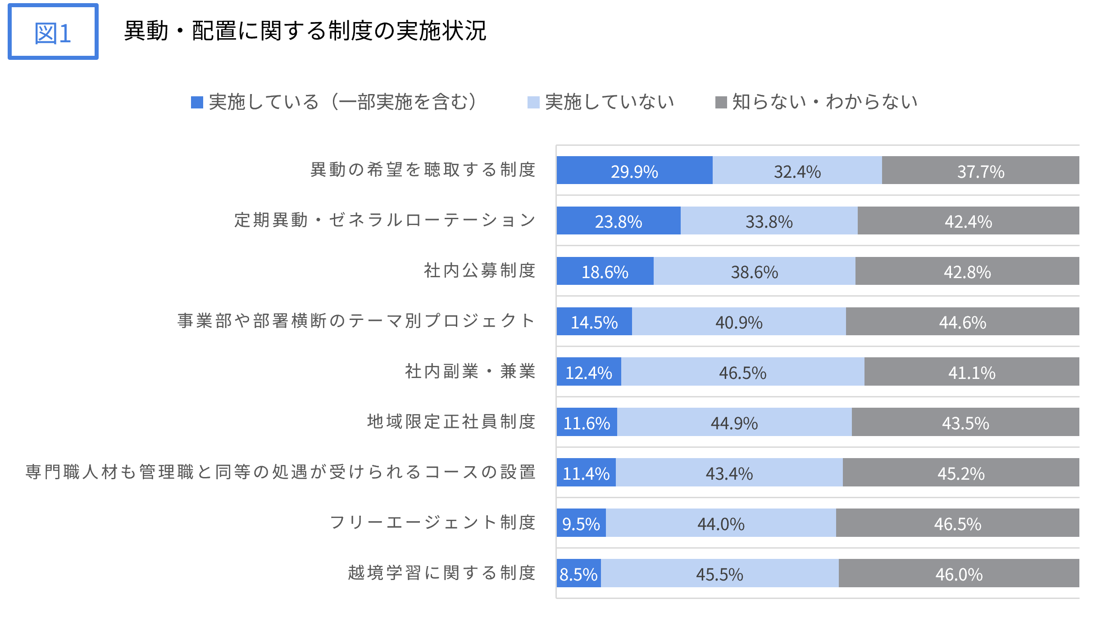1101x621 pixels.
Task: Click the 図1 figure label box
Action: (53, 32)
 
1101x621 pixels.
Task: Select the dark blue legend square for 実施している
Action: (197, 103)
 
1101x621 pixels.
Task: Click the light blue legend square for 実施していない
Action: (533, 103)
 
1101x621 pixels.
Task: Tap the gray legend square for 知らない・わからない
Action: (721, 103)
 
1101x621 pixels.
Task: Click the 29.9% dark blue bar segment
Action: (634, 170)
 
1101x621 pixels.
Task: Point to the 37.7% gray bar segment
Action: (980, 170)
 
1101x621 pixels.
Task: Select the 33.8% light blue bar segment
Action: (769, 220)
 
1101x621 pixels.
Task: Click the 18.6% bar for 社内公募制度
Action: (605, 271)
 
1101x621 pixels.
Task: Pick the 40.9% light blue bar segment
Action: (739, 321)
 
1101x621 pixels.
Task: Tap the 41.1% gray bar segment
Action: (972, 372)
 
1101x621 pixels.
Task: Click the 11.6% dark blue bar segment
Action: (587, 422)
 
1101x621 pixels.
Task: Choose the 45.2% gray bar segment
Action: (961, 472)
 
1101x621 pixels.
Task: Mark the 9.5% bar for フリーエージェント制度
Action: (581, 523)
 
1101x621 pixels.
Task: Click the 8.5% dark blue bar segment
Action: (578, 573)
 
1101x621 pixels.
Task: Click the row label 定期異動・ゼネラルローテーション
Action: (385, 220)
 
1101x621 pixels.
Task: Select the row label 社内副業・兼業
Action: (470, 372)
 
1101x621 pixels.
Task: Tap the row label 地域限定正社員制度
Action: (451, 422)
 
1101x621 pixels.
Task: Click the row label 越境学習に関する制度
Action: (441, 573)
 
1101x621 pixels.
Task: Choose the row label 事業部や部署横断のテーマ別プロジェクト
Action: (356, 321)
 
